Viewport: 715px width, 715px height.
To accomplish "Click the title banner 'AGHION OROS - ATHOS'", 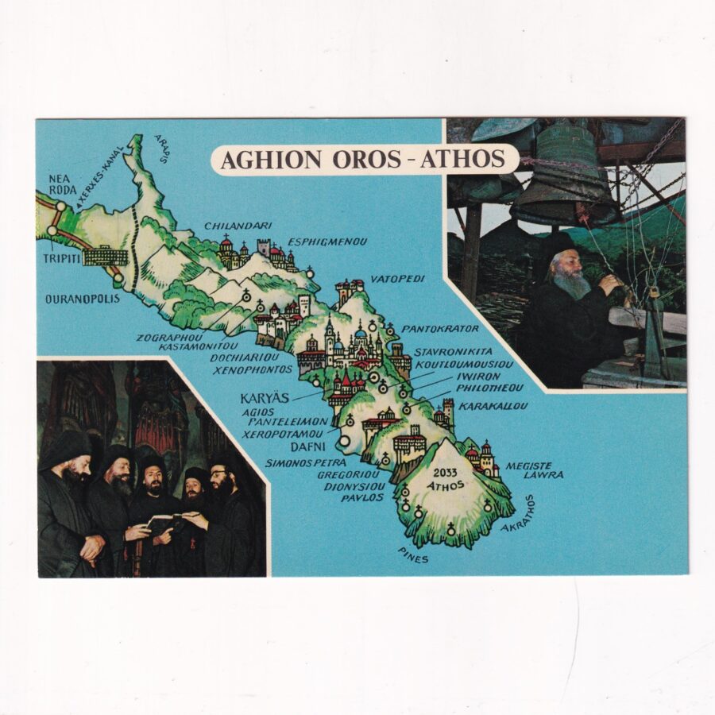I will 363,159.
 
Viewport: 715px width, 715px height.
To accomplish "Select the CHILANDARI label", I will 238,226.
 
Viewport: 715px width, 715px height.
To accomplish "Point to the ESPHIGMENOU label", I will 327,241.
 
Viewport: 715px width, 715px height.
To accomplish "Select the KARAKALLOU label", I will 481,405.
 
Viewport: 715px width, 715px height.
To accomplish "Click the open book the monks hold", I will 165,520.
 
